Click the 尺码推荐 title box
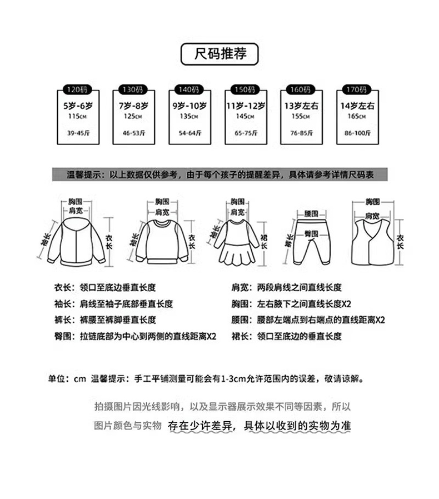point(219,54)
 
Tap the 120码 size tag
point(77,89)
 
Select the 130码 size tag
point(132,89)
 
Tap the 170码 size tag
point(355,89)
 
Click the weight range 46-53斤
point(133,133)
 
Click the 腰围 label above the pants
point(311,213)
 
